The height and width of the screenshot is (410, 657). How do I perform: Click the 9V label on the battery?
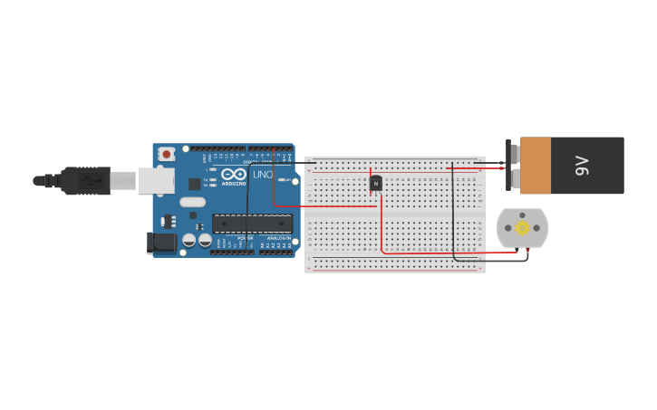[x=582, y=166]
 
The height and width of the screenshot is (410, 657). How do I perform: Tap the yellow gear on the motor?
[x=522, y=228]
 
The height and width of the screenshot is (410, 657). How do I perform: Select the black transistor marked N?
[x=376, y=184]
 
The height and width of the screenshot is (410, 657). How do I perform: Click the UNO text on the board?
[x=262, y=175]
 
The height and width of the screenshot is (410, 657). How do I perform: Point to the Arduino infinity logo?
[x=233, y=174]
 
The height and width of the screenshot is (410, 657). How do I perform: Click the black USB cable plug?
[x=87, y=181]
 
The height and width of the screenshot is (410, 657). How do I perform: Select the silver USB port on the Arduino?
[x=155, y=180]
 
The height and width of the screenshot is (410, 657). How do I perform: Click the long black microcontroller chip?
[x=252, y=223]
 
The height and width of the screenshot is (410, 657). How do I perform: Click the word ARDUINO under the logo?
[x=233, y=184]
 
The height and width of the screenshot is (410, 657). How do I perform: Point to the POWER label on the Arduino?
[x=245, y=238]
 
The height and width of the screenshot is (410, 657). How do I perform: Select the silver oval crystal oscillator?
[x=192, y=215]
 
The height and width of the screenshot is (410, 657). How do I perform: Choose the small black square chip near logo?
[x=194, y=184]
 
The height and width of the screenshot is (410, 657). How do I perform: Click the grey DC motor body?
[x=522, y=228]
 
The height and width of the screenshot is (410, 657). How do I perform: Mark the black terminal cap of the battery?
[x=508, y=166]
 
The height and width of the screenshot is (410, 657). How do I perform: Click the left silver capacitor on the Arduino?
[x=189, y=241]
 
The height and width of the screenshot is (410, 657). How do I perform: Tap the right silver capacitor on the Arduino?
[x=205, y=241]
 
